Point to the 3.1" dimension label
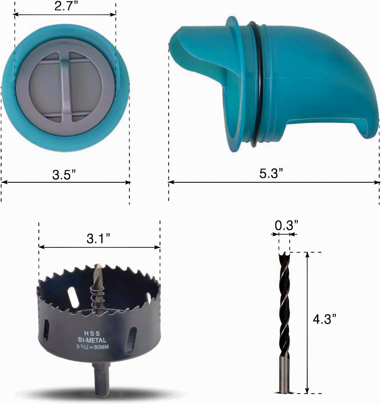coord(99,239)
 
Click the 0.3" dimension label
coord(286,226)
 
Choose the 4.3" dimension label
coord(325,319)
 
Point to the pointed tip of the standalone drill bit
coord(284,255)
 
